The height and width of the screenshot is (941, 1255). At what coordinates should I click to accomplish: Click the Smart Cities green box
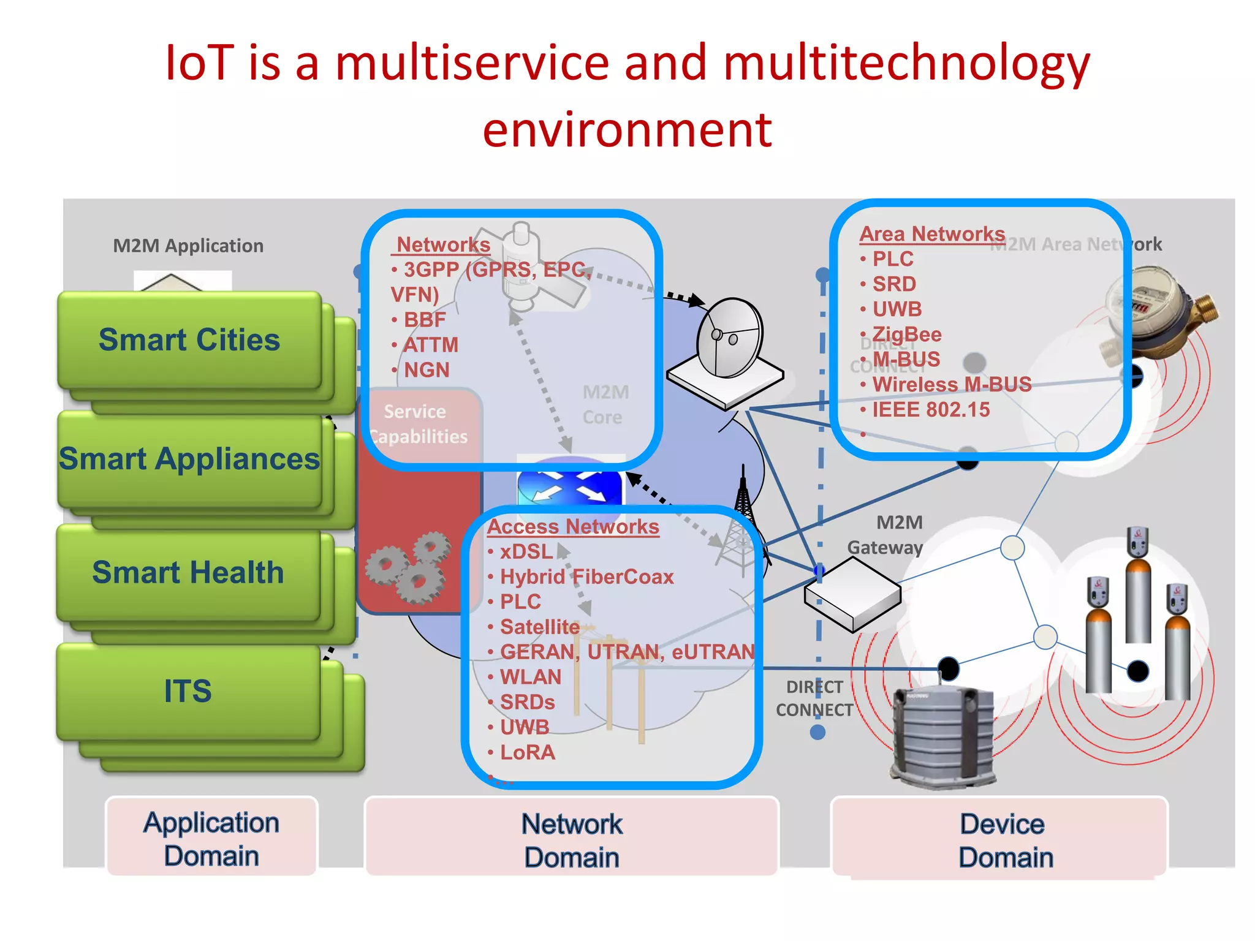(x=189, y=340)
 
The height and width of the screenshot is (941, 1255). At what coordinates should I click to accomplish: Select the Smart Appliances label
(x=189, y=459)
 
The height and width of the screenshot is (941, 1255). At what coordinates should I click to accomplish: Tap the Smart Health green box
(x=188, y=573)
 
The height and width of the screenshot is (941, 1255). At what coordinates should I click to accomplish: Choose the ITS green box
(x=188, y=692)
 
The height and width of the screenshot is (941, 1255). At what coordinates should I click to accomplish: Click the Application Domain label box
(x=211, y=838)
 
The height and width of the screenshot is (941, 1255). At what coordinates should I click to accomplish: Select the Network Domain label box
(x=572, y=840)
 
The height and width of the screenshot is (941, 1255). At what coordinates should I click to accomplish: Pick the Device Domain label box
(x=1005, y=840)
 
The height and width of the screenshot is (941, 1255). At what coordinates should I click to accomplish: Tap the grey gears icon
(x=407, y=567)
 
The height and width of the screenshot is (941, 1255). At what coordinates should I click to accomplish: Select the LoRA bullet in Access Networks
(x=527, y=752)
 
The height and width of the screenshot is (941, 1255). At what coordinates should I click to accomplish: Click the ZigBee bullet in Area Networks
(x=906, y=334)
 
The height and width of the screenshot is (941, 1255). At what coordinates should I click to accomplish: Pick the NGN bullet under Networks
(x=426, y=370)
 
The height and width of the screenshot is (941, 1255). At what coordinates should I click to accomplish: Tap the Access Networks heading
(x=573, y=526)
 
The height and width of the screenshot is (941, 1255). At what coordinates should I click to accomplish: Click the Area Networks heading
(x=931, y=234)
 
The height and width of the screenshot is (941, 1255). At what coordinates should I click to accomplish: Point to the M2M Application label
(x=188, y=246)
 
